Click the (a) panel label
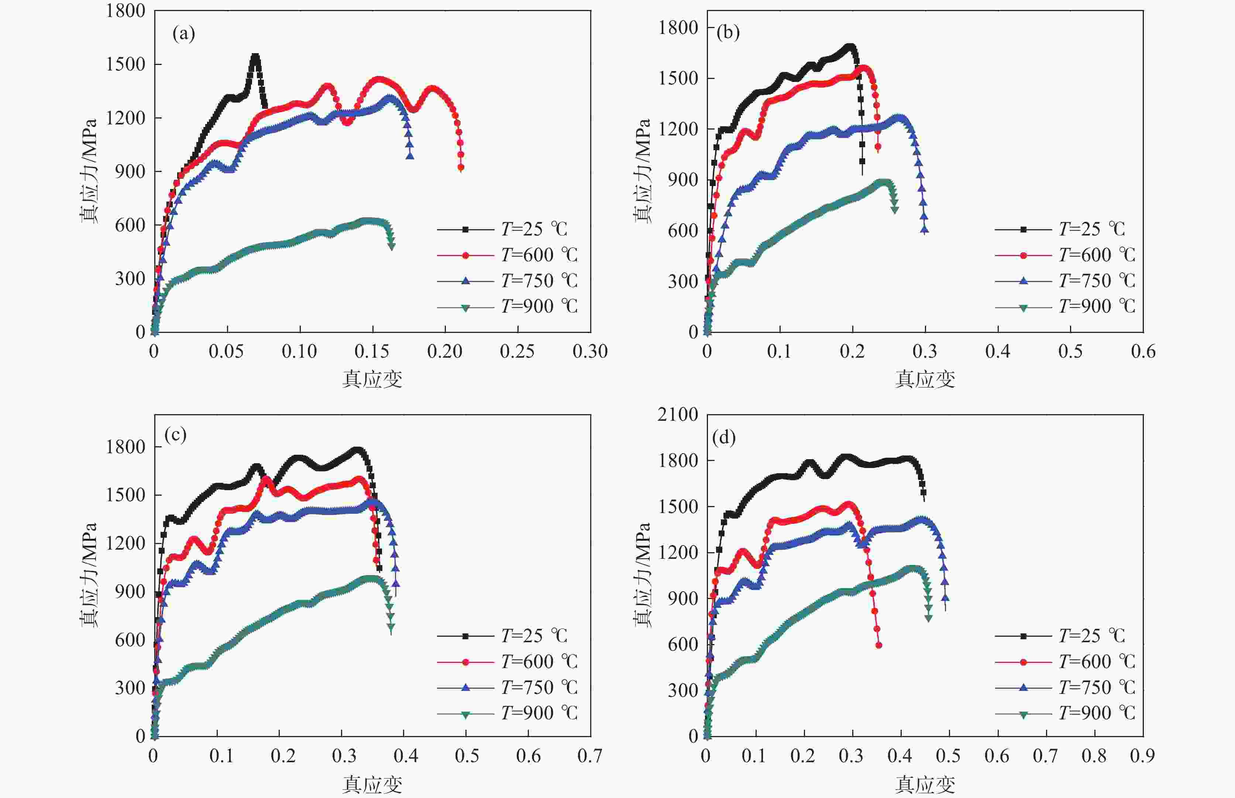click(183, 34)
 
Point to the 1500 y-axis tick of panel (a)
click(125, 64)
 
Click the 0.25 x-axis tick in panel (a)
click(517, 352)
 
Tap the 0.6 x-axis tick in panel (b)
click(1143, 352)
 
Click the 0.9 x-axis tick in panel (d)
click(1142, 756)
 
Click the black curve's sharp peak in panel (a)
click(255, 56)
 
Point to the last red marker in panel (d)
click(878, 645)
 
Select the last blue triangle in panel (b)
click(925, 230)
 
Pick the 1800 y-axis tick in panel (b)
click(678, 27)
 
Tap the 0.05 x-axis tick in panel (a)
click(226, 352)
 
